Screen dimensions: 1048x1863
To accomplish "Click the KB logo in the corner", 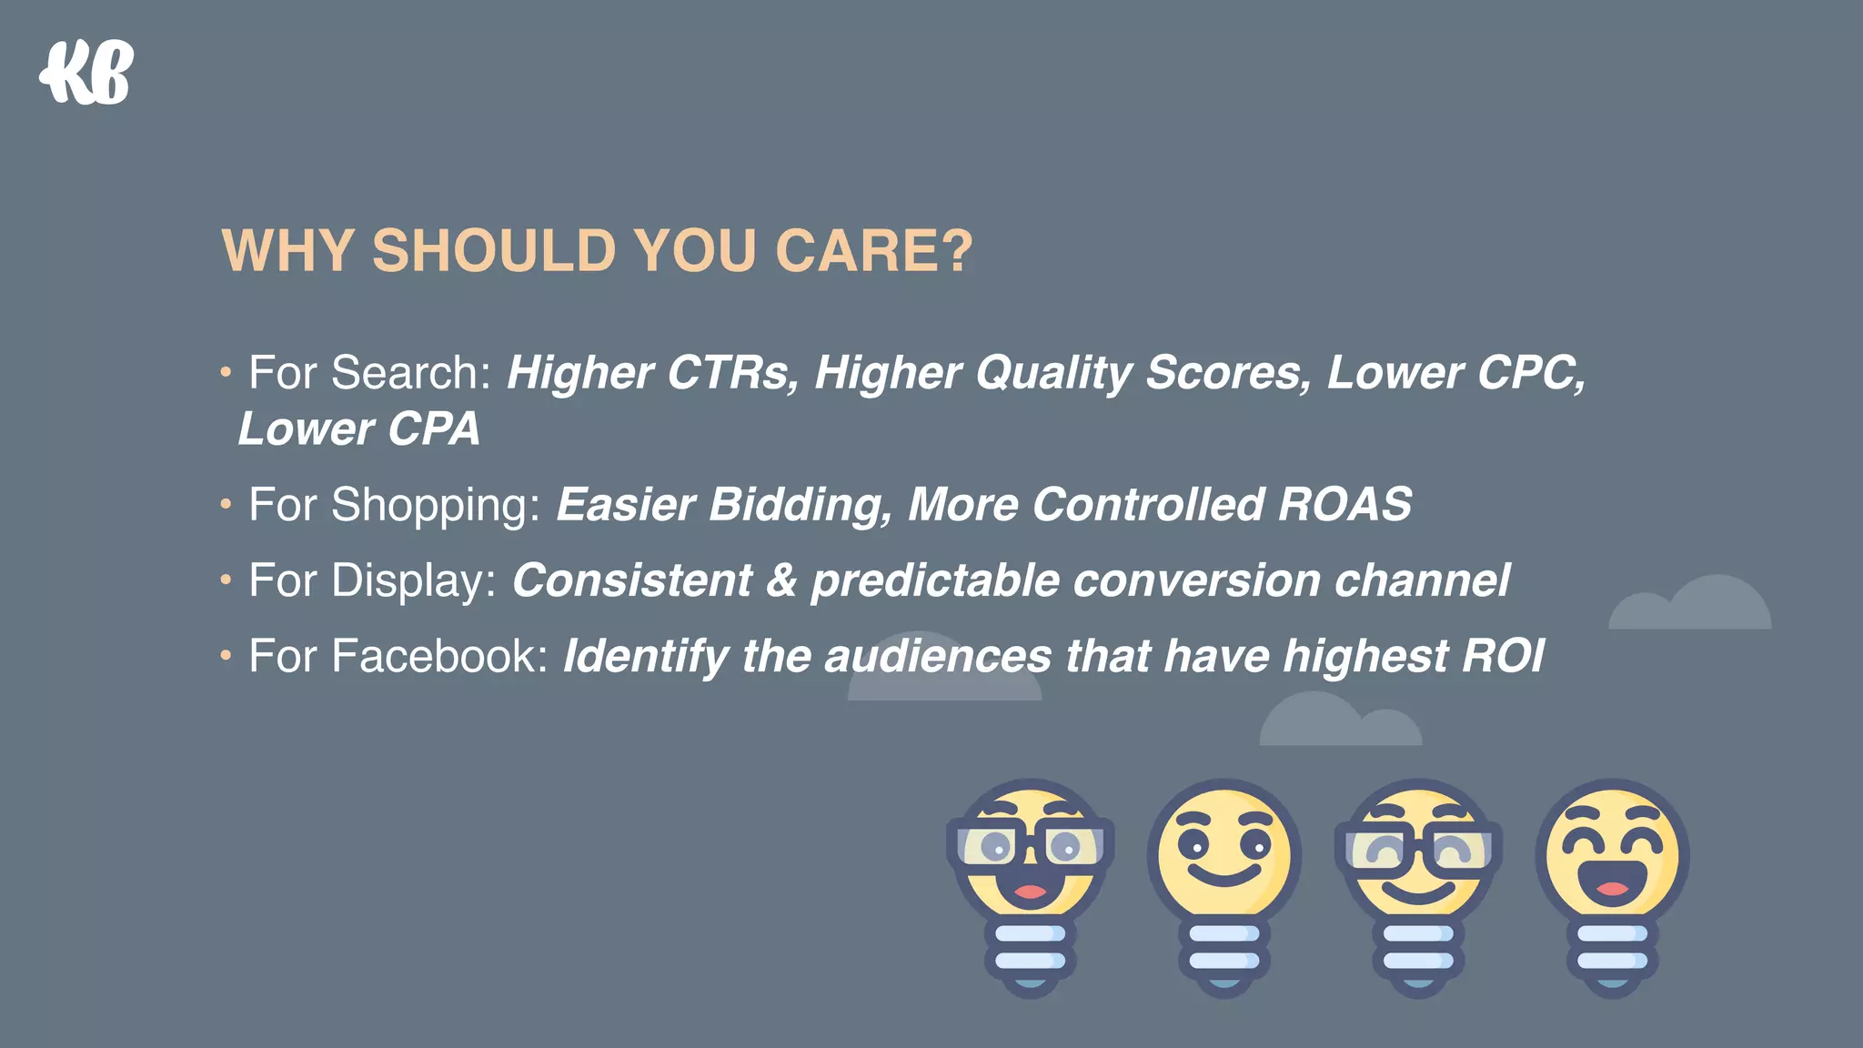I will coord(87,73).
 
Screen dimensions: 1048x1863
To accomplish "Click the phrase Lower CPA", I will coord(358,429).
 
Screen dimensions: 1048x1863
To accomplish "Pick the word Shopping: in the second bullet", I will coord(436,506).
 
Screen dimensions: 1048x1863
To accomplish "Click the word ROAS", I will coord(1344,505).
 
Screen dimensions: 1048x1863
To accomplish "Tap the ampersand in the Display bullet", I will coord(781,580).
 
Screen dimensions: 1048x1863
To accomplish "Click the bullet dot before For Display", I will coord(226,579).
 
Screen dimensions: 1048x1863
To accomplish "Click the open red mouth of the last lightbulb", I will coord(1611,884).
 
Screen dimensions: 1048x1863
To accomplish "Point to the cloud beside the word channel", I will coord(1690,605).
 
